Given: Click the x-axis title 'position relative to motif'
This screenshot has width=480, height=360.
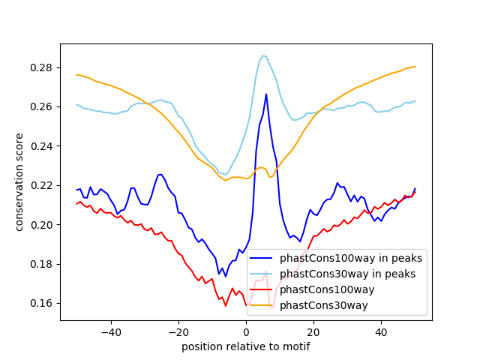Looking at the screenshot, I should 245,346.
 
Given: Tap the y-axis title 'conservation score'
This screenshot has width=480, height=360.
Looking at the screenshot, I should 19,181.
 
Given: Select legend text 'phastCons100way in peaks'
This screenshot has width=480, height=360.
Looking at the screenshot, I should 351,258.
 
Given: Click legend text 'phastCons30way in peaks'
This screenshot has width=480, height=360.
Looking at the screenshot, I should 348,274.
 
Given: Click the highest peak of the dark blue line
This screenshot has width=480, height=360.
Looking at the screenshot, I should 266,94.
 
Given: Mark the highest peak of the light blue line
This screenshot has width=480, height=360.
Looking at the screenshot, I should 262,55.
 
